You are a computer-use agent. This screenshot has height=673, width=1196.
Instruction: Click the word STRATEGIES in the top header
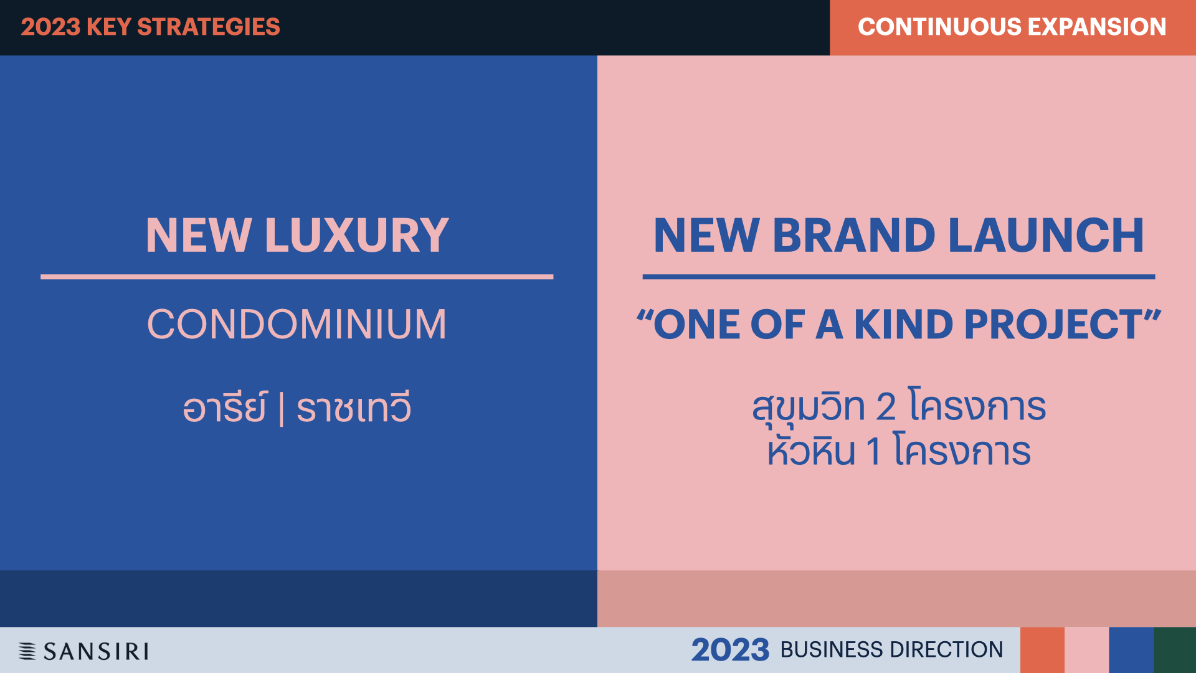pos(208,27)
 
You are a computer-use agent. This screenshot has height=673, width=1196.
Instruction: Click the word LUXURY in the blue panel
pos(356,235)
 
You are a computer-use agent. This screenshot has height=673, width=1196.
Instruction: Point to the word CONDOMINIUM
pos(297,324)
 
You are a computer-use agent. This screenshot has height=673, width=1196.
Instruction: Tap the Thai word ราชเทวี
pos(353,407)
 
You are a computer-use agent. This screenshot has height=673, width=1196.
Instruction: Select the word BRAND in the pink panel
pos(854,235)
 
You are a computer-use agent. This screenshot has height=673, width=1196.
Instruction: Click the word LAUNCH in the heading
pos(1046,235)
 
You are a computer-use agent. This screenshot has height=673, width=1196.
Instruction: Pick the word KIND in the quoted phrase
pos(903,324)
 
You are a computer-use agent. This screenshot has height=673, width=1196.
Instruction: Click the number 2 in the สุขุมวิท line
pos(886,406)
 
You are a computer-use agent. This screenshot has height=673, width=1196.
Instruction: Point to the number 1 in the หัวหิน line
pos(873,451)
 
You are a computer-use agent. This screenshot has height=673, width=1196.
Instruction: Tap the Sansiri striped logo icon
pos(27,651)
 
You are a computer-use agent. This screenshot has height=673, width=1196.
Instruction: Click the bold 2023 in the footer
pos(730,650)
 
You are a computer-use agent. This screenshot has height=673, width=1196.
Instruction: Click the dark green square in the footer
pos(1175,650)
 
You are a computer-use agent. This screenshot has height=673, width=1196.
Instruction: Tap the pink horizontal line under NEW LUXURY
pos(297,277)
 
